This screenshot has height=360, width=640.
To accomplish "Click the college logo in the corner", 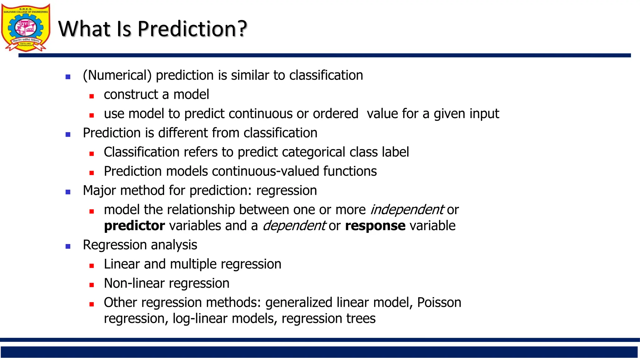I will pos(26,27).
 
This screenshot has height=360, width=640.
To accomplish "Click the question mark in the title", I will pos(241,29).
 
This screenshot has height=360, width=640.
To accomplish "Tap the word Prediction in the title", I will pos(186,29).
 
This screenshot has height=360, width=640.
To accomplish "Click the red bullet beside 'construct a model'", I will pos(92,96).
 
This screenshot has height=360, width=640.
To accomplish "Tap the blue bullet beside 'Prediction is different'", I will pos(68,135).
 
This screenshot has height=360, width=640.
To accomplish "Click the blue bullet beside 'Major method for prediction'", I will pos(68,192).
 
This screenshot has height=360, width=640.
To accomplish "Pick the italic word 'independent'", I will pos(407,210).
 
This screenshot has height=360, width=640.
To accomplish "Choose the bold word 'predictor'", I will pos(134,226).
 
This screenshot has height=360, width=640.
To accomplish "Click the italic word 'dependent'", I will pos(294,226).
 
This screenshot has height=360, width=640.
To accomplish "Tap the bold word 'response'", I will pos(375,226).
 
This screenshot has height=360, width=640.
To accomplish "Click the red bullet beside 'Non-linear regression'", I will pos(92,285).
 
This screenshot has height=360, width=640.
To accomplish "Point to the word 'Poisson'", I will pos(439,302).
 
